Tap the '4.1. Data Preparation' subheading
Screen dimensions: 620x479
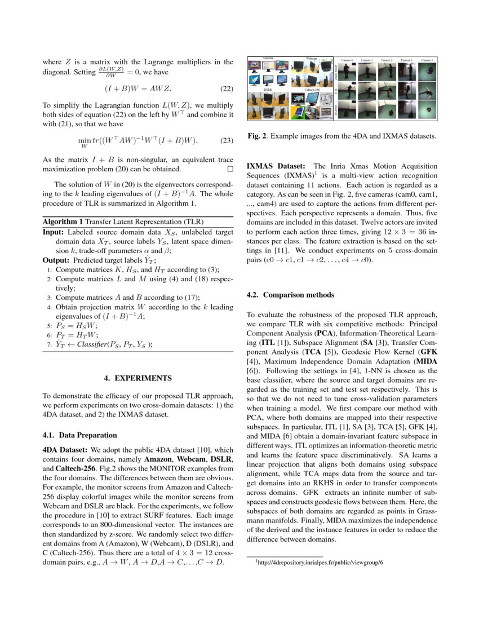click(x=80, y=435)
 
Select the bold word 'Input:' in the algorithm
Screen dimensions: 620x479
click(x=54, y=232)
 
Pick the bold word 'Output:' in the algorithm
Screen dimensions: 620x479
click(x=57, y=260)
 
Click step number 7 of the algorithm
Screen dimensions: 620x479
click(x=50, y=344)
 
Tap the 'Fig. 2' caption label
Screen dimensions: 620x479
click(x=258, y=136)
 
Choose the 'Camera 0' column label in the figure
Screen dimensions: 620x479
click(x=347, y=60)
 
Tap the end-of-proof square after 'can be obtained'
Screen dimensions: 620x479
click(x=229, y=169)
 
